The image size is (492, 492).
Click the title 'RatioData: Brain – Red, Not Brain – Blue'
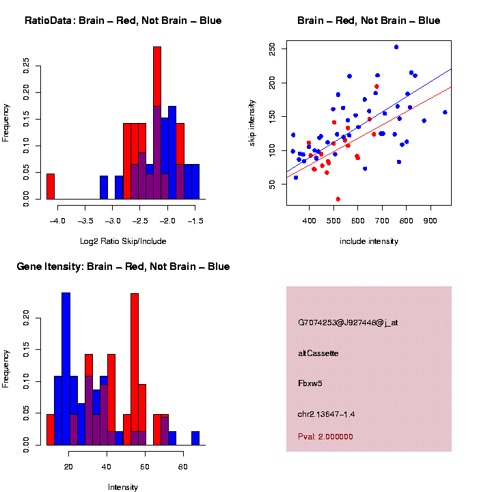coord(123,20)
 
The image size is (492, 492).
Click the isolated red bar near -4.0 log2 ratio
coord(51,186)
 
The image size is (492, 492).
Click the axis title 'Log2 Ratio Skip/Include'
coord(122,241)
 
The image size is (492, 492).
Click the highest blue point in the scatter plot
coord(396,47)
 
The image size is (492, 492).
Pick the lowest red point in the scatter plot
coord(338,199)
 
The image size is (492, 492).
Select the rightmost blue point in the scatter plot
coord(445,112)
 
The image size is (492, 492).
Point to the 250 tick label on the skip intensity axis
coord(273,49)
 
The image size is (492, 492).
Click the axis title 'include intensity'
coord(369,241)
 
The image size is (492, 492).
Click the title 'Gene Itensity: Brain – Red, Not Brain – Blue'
coord(123,266)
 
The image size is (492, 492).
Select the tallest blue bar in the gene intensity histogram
coord(66,369)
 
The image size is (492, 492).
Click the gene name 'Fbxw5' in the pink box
coord(310,383)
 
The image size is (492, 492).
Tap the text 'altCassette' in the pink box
coord(318,353)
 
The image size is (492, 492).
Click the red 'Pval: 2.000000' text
coord(325,437)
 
